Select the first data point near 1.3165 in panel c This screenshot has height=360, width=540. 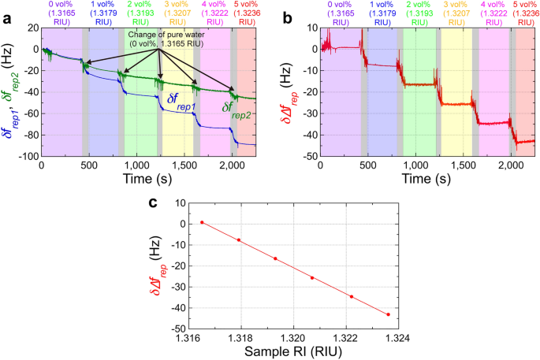click(x=202, y=222)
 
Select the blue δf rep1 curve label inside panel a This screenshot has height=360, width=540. click(x=178, y=99)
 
